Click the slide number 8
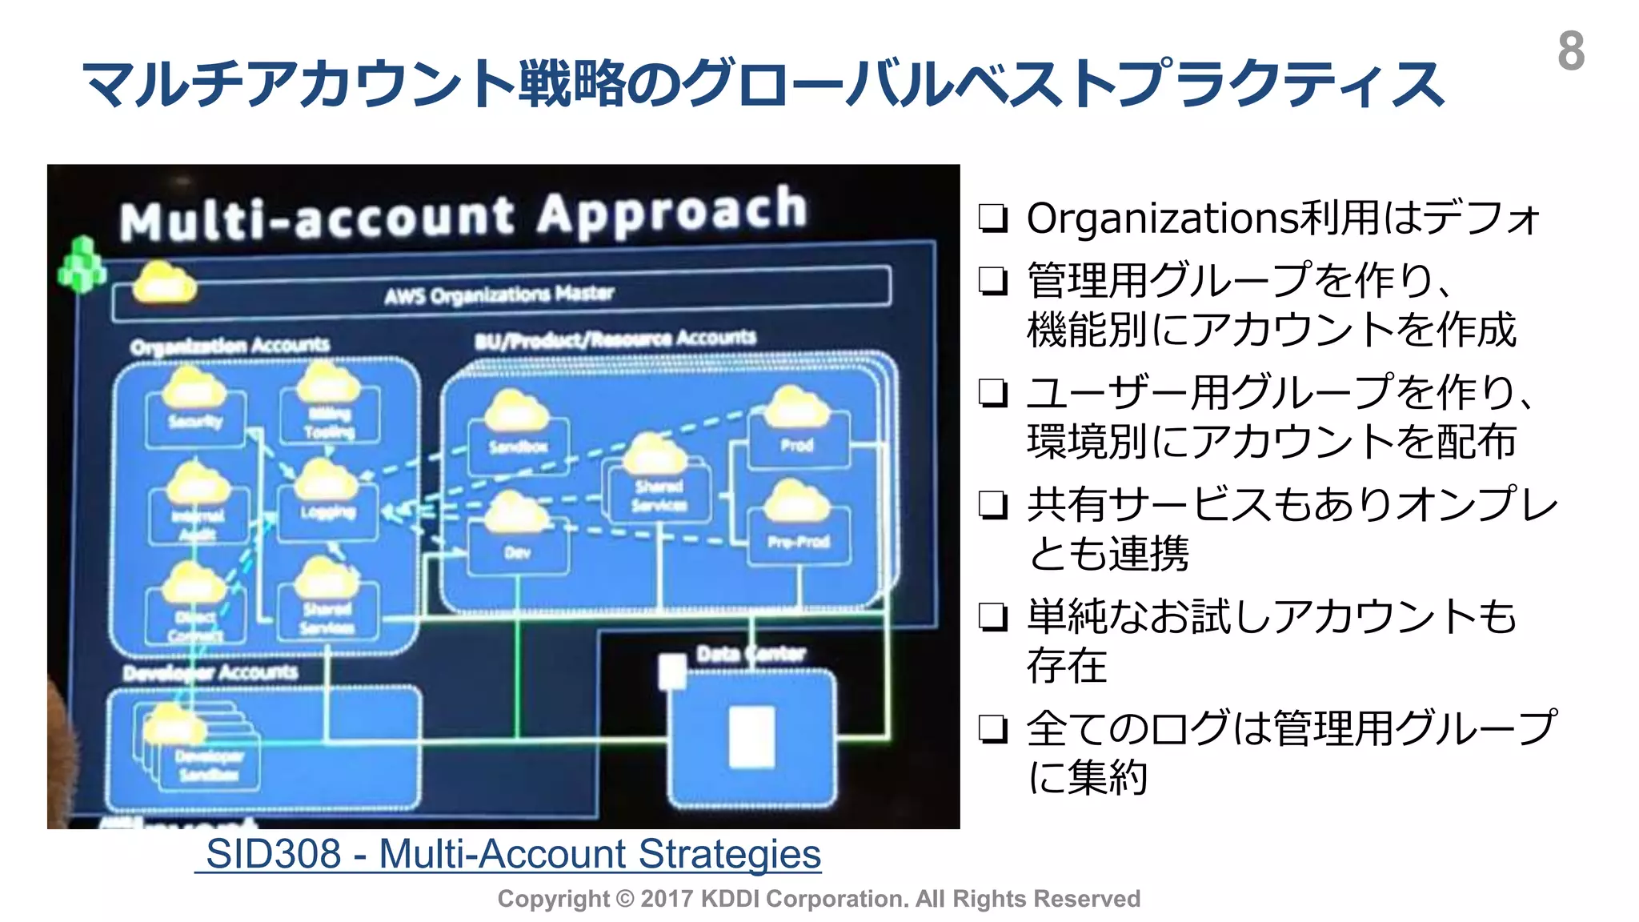(1570, 51)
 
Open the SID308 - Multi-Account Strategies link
(512, 853)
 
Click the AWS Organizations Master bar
(501, 294)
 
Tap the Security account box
(195, 420)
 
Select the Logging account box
(327, 512)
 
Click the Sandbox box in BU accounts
(518, 446)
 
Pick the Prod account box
(797, 445)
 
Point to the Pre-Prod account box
(798, 541)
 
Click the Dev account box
(518, 551)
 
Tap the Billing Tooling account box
(329, 422)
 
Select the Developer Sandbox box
(207, 764)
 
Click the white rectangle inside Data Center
(752, 736)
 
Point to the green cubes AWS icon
(82, 265)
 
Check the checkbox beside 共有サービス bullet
(993, 505)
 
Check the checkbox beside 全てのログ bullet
(993, 729)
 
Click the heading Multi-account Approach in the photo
(463, 213)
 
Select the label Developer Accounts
(210, 672)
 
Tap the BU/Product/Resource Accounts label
(615, 339)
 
